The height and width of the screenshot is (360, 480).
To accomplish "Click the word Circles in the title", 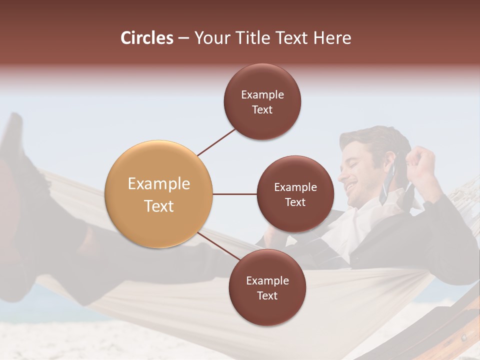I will [x=147, y=38].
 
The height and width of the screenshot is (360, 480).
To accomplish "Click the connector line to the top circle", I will [x=216, y=142].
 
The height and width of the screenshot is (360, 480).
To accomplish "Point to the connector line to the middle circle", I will [x=235, y=194].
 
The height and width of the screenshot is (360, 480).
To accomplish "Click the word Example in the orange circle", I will [x=158, y=184].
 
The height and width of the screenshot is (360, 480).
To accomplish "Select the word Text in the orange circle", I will [x=158, y=206].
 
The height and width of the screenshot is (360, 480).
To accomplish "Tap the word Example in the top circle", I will [x=262, y=95].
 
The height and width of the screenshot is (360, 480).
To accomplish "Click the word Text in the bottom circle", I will [x=267, y=295].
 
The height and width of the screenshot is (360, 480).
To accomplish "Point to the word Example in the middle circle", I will [x=295, y=187].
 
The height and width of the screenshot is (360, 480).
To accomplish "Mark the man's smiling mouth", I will [x=352, y=187].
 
